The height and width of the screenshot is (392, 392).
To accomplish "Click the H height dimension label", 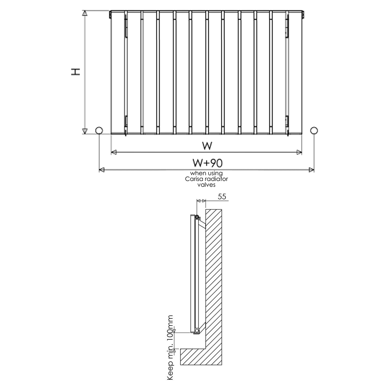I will [76, 72].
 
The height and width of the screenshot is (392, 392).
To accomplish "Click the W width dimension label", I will [207, 146].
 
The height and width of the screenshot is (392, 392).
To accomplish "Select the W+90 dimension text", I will [207, 163].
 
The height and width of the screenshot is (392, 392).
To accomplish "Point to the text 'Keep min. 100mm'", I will [170, 347].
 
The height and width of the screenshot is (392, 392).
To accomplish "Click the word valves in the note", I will [206, 185].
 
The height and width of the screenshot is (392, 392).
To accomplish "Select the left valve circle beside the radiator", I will [99, 130].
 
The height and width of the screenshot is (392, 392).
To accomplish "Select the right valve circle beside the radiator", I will [314, 130].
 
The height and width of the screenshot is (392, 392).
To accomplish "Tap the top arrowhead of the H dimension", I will [85, 13].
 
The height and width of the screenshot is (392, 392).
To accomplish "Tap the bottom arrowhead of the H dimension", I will [85, 131].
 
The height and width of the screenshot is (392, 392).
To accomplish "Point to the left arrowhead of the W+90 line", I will [102, 170].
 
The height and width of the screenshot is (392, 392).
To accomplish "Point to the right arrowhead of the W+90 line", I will [311, 170].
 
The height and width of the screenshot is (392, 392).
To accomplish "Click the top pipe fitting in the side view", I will [197, 217].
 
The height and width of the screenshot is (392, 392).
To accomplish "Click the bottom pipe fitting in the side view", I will [197, 331].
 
